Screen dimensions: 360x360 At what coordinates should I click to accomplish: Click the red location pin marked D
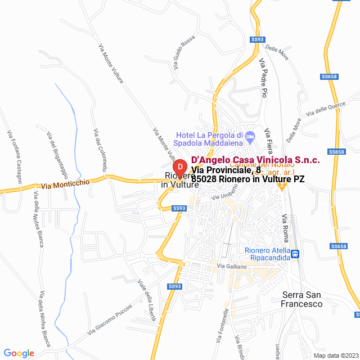(x=179, y=168)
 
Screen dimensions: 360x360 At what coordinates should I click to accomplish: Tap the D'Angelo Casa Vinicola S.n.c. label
(x=256, y=160)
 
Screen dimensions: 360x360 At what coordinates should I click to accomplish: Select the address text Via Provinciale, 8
(x=226, y=170)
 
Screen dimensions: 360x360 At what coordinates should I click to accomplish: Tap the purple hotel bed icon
(x=251, y=135)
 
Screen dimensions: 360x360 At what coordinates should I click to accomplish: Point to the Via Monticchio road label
(x=65, y=184)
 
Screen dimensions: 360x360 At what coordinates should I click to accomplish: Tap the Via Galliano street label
(x=229, y=265)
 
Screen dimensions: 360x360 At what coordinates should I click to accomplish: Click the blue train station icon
(x=295, y=254)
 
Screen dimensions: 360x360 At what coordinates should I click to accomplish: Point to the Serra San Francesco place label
(x=302, y=299)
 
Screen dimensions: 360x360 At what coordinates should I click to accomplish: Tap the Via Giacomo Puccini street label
(x=110, y=321)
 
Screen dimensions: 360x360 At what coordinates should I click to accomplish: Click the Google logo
(x=19, y=353)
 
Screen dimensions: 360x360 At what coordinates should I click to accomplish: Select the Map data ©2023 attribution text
(x=335, y=355)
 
